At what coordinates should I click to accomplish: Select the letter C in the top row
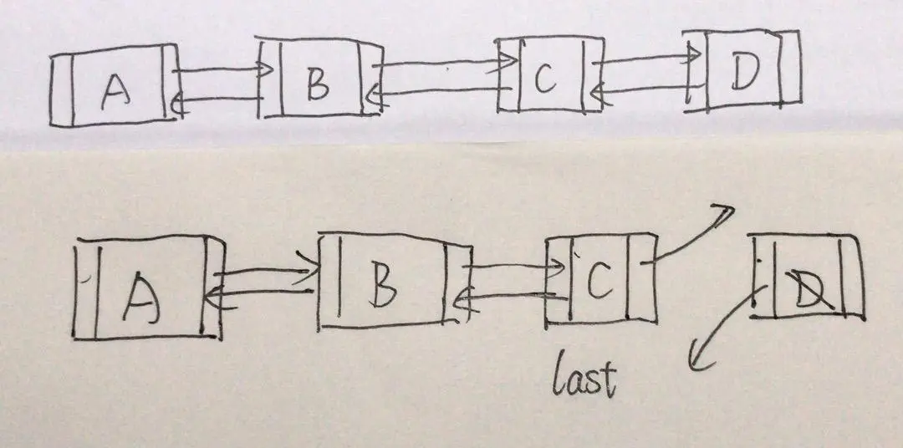pos(545,79)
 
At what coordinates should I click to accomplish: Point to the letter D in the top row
pos(741,74)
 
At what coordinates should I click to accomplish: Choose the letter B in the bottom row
pos(384,284)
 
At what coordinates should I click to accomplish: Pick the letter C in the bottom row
pos(599,282)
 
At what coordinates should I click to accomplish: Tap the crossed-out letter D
pos(806,290)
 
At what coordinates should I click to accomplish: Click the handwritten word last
pos(584,377)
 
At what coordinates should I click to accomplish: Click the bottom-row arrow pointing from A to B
pos(266,272)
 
